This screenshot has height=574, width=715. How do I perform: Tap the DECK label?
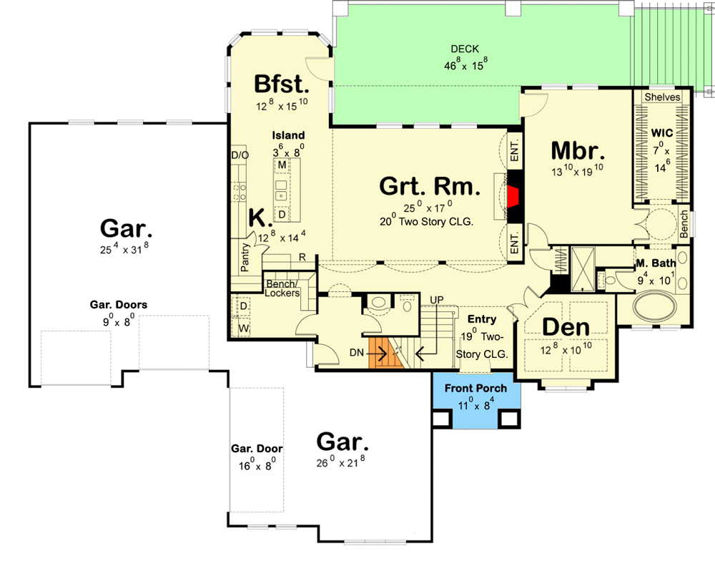coord(465,49)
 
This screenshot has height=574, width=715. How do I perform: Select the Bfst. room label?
coord(282,84)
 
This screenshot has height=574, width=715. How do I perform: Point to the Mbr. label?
coord(578,151)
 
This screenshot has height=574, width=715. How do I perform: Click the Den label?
coord(566,327)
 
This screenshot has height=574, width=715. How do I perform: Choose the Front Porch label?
coord(475,389)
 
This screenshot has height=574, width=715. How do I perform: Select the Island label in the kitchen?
coord(288,135)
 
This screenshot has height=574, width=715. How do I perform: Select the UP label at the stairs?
coord(436,298)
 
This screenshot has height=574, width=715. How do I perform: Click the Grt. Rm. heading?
coord(429,187)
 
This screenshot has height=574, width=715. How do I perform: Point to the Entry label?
coord(481,318)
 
